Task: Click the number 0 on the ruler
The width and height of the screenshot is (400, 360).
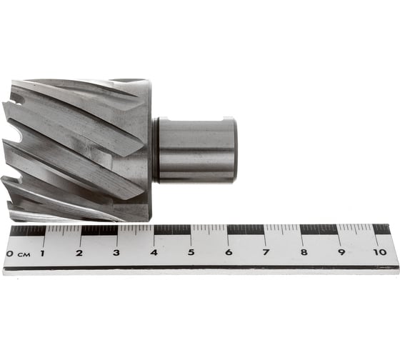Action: tap(10, 254)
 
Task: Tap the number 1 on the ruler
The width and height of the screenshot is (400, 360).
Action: tap(42, 254)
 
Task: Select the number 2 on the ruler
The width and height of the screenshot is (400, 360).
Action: tap(79, 253)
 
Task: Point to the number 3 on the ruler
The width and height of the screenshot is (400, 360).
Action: tap(116, 253)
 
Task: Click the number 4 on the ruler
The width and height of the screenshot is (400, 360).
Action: tap(154, 252)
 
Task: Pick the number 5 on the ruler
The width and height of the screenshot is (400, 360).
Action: tap(191, 252)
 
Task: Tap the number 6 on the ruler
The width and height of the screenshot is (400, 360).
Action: tap(229, 252)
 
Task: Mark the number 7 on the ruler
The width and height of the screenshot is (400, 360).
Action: tap(266, 252)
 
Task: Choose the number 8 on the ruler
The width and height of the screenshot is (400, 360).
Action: tap(304, 252)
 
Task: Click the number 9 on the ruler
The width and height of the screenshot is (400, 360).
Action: tap(341, 252)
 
